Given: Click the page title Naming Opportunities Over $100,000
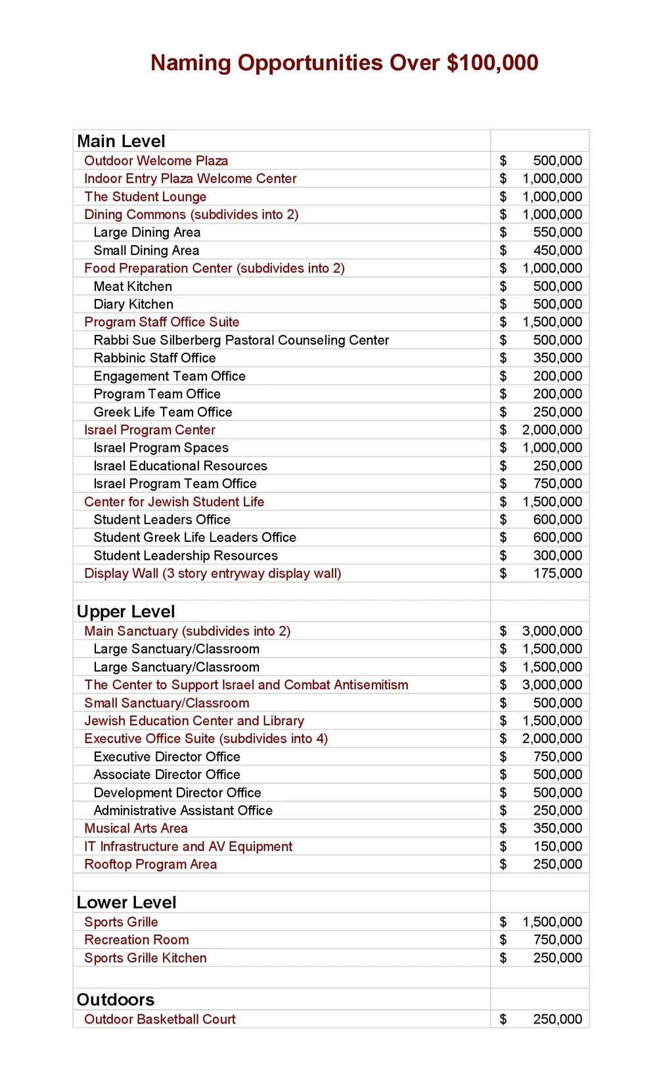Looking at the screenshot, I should (344, 63).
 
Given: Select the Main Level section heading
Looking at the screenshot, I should (121, 141).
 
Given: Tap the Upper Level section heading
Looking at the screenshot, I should (125, 612).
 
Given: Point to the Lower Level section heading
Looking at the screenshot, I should (126, 903).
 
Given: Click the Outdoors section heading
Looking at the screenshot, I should (116, 1000).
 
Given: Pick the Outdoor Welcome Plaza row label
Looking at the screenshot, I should (156, 161).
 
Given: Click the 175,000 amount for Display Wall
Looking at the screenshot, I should (557, 573).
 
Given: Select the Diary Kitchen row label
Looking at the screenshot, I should (133, 304).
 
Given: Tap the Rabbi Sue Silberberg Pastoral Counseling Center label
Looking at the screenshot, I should (241, 340).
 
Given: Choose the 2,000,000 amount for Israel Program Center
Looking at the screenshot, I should (552, 430).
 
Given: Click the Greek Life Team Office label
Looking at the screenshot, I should (163, 412).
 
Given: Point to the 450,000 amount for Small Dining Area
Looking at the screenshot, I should (557, 250).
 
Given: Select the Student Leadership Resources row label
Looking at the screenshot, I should (185, 556).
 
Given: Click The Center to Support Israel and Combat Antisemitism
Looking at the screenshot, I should (246, 685).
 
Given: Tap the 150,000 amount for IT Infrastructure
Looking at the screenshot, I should (557, 847).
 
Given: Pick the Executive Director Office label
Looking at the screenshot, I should (167, 757).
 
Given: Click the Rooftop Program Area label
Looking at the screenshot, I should (150, 864).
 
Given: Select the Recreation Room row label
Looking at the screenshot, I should (136, 940).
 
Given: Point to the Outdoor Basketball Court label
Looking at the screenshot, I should (160, 1019).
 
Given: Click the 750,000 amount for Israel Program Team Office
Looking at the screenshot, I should (557, 484).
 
